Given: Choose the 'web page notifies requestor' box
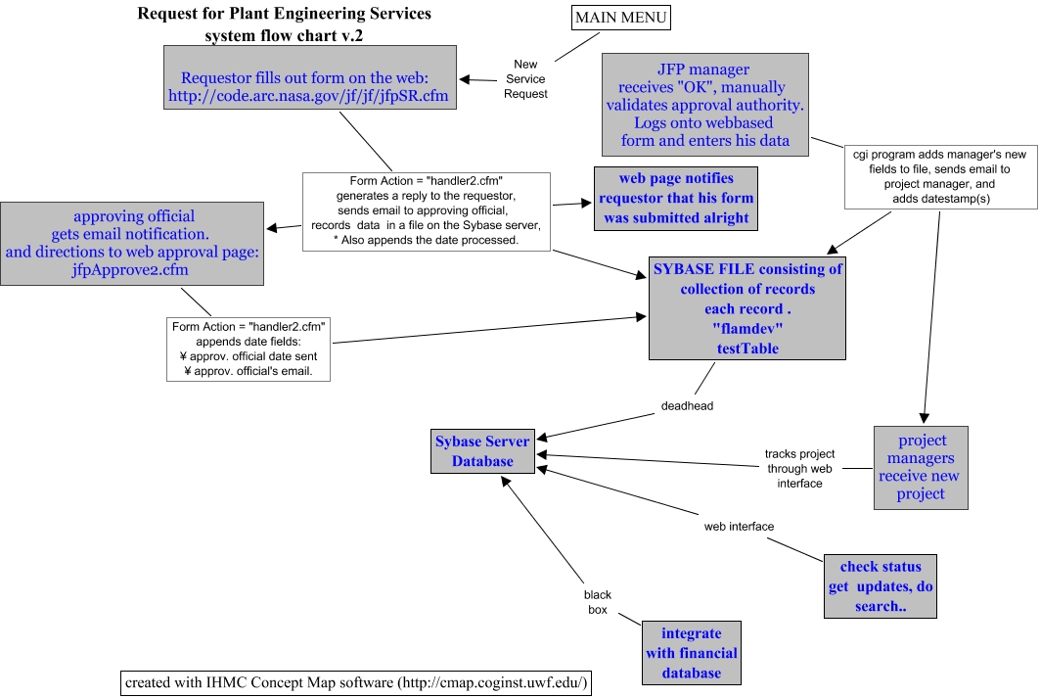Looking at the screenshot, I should click(x=676, y=198).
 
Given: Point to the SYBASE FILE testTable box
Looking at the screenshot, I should click(x=746, y=307).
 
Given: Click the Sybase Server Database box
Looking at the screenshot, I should click(x=482, y=451).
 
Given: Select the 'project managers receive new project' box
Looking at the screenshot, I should click(x=921, y=467).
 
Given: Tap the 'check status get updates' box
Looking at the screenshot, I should click(x=880, y=586).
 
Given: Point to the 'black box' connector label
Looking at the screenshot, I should click(x=597, y=602).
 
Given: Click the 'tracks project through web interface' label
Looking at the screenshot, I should click(x=799, y=468).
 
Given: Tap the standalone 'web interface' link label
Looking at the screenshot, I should click(x=739, y=527).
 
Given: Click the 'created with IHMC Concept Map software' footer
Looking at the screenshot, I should click(x=356, y=681).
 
